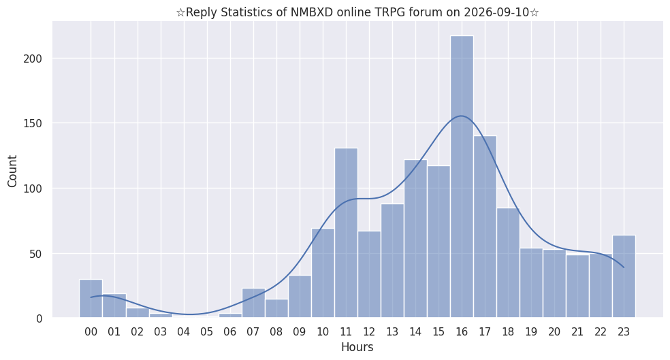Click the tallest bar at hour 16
point(462,177)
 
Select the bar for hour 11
point(346,233)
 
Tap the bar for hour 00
point(91,299)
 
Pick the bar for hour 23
point(624,276)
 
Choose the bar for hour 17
point(485,227)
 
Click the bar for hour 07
point(253,303)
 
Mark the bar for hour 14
point(415,239)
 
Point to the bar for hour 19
point(531,283)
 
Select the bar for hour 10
point(323,274)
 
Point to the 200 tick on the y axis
point(33,59)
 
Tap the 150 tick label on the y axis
point(33,124)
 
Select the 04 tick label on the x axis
point(184,332)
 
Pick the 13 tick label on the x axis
point(392,332)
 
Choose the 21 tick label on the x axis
point(577,332)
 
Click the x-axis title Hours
point(357,347)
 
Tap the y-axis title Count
point(12,171)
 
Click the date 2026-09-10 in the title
point(495,12)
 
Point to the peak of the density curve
point(461,116)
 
